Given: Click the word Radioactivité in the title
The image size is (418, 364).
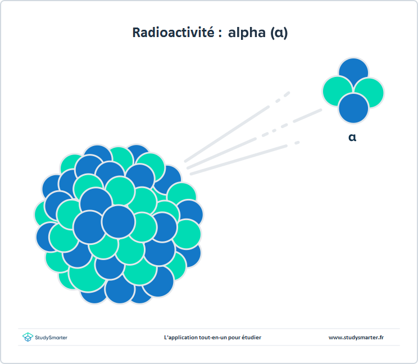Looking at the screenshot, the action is pos(173,33).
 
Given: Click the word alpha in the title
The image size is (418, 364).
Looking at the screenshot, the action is pos(247,33).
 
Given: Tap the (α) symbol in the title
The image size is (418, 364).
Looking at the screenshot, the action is pos(279,33).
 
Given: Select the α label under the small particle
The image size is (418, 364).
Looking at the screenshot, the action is pos(352,137).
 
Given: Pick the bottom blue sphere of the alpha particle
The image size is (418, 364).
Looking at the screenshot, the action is pos(353,108).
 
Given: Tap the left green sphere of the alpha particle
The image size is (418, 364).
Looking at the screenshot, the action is pos(337,91).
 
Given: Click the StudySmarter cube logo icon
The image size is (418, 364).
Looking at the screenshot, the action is pos(28,337).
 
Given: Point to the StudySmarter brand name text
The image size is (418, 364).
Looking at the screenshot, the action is pos(51,338).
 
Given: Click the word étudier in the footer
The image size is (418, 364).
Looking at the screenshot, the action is pos(251,338).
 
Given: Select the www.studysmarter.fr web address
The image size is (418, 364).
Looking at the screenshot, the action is pos(356,338).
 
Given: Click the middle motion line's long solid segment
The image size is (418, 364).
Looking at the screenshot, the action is pos(221,153).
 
